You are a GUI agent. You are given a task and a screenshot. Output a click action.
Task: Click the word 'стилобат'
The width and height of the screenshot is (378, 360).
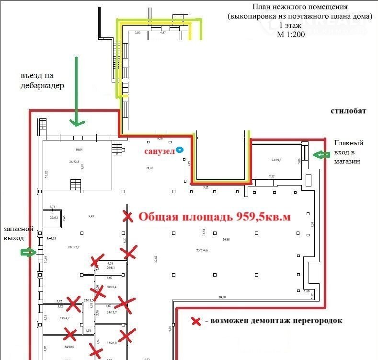click(x=348, y=111)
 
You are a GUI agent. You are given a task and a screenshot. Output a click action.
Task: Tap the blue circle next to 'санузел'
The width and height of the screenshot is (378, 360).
click(x=180, y=150)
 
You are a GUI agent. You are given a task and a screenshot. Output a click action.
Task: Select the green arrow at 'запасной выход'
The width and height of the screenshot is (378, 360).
click(x=29, y=252)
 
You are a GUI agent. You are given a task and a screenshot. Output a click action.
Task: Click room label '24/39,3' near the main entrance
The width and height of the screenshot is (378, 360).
click(x=277, y=160)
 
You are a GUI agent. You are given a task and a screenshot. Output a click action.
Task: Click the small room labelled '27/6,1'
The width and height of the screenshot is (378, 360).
click(x=53, y=217)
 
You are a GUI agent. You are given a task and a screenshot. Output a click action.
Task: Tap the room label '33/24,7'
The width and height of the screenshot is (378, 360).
click(x=64, y=318)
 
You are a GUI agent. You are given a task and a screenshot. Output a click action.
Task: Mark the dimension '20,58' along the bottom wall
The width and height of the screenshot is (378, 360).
click(x=222, y=297)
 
